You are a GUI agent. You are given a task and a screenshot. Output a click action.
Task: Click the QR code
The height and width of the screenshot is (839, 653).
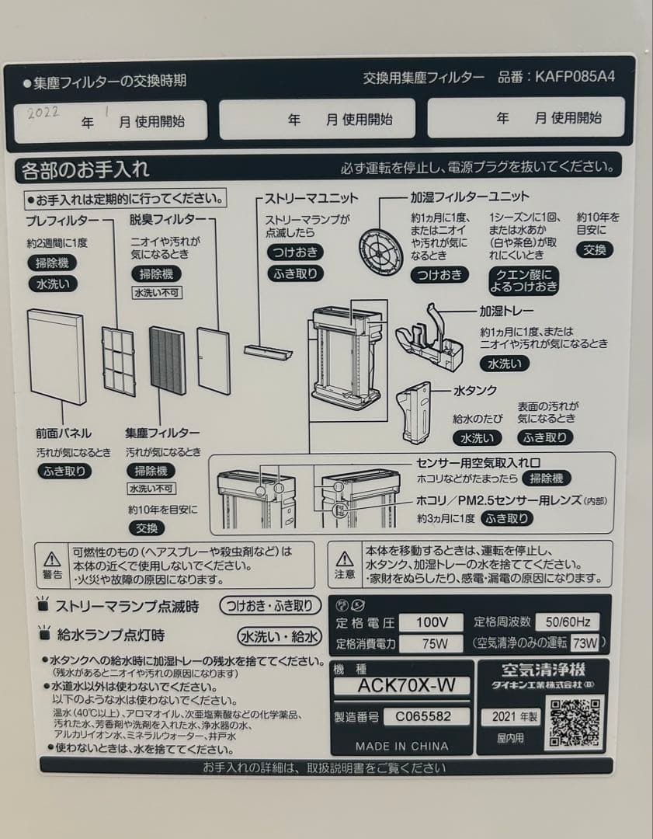[575, 723]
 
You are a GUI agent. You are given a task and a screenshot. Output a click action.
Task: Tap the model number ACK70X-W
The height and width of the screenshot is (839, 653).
[401, 686]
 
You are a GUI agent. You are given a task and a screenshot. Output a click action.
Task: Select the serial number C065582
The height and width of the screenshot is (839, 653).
[415, 716]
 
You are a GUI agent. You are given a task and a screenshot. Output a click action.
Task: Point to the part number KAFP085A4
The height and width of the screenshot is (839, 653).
[575, 78]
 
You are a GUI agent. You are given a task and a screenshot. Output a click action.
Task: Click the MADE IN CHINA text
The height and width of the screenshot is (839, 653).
[401, 746]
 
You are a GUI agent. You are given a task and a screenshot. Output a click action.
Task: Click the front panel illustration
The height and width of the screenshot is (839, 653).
[56, 356]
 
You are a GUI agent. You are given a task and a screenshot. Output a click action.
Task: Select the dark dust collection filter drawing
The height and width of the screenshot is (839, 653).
[167, 360]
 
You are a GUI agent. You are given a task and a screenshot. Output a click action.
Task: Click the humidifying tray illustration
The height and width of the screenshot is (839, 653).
[430, 339]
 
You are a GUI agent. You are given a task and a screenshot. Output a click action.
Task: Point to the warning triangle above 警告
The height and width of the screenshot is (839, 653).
[52, 559]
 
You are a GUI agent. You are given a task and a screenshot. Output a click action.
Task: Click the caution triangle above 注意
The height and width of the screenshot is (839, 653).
[345, 559]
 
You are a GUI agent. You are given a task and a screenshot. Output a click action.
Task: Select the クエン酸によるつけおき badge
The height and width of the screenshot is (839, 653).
[523, 280]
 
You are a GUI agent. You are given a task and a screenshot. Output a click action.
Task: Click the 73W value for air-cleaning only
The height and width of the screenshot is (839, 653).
[585, 643]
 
